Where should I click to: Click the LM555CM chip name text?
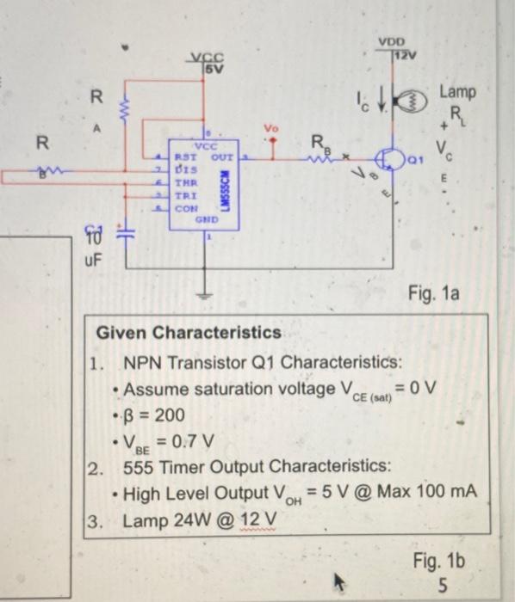point(226,189)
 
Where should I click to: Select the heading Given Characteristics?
point(188,332)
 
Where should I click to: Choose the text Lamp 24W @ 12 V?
point(200,520)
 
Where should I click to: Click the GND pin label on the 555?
point(206,219)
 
